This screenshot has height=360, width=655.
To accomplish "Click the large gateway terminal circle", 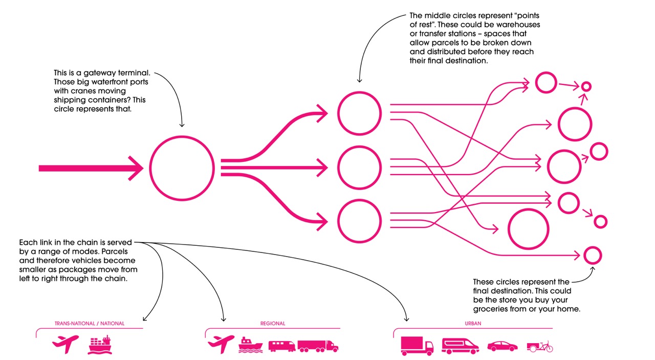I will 182,167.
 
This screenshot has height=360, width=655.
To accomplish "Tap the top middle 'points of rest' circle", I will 359,113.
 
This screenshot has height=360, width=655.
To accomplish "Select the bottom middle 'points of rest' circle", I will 359,221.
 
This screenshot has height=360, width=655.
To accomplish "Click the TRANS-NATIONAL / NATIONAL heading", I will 90,324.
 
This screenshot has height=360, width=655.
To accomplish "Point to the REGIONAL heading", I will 273,324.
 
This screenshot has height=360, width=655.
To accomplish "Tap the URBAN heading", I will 473,324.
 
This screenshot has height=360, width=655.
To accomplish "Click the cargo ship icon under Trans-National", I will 100,345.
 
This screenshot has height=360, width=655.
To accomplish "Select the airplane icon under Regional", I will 221,344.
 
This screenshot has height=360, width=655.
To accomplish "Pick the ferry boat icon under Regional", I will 250,345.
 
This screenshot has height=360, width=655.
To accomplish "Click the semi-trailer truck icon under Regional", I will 318,346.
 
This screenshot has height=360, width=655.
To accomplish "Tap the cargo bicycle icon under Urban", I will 540,346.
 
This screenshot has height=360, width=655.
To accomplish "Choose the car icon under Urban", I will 502,346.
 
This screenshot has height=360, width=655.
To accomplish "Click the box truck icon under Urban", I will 417,346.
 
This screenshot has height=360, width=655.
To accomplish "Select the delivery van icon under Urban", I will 460,346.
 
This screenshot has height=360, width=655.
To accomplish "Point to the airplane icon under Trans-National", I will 65,344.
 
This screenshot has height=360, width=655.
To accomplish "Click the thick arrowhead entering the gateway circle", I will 136,168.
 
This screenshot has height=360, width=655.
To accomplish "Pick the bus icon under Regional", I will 282,346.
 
